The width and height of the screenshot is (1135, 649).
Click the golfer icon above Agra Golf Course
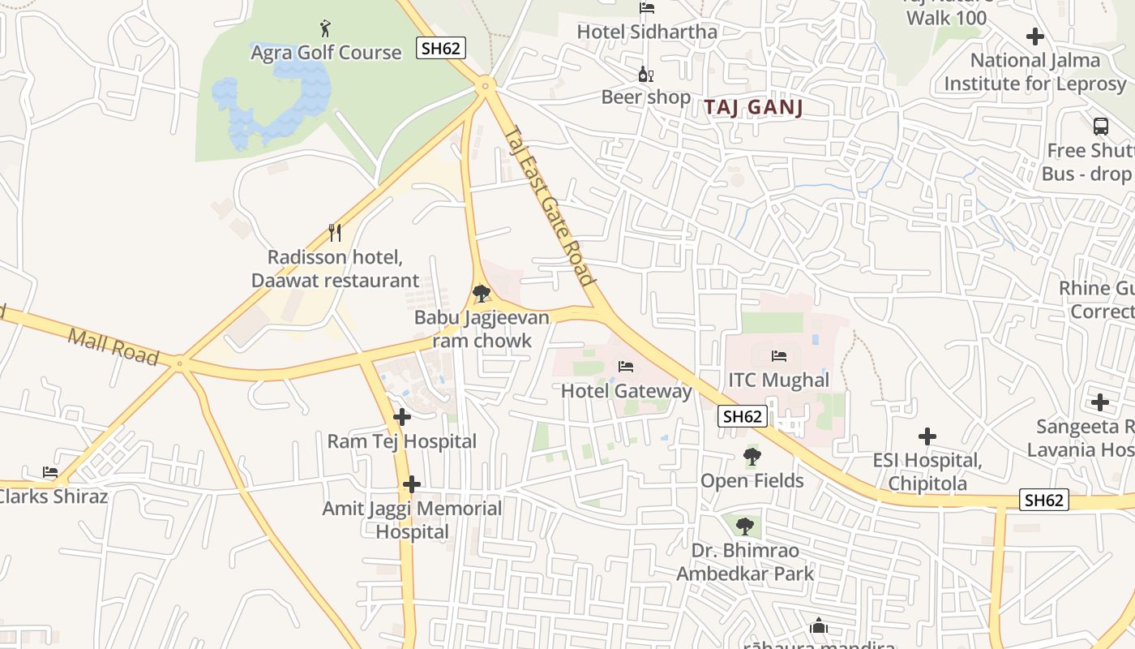pyautogui.click(x=325, y=29)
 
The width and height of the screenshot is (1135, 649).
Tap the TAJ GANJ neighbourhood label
pyautogui.click(x=753, y=107)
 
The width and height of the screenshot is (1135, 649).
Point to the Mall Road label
pyautogui.click(x=113, y=346)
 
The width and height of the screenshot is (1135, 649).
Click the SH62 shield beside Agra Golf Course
pyautogui.click(x=441, y=48)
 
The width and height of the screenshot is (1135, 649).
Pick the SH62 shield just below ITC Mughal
pyautogui.click(x=743, y=416)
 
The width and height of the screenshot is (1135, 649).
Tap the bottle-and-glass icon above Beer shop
pyautogui.click(x=645, y=75)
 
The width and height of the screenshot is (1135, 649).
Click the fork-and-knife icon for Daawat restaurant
pyautogui.click(x=335, y=233)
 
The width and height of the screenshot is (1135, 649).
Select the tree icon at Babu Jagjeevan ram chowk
pyautogui.click(x=482, y=293)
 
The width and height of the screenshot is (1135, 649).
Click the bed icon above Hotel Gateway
pyautogui.click(x=626, y=367)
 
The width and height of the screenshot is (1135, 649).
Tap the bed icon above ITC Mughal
pyautogui.click(x=779, y=355)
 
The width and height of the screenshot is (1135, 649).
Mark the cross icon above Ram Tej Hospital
pyautogui.click(x=401, y=417)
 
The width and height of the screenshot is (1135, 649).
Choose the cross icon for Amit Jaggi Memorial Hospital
pyautogui.click(x=412, y=484)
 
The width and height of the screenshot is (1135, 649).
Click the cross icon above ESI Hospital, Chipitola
pyautogui.click(x=927, y=436)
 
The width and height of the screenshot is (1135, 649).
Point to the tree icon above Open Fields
pyautogui.click(x=752, y=457)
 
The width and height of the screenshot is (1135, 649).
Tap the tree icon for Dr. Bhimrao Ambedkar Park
pyautogui.click(x=745, y=527)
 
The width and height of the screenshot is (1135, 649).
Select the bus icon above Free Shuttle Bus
pyautogui.click(x=1101, y=127)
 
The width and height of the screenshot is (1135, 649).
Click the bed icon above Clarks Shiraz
pyautogui.click(x=50, y=472)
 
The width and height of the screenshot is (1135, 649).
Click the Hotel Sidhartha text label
pyautogui.click(x=647, y=32)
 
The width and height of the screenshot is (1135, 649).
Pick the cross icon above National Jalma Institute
pyautogui.click(x=1034, y=37)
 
